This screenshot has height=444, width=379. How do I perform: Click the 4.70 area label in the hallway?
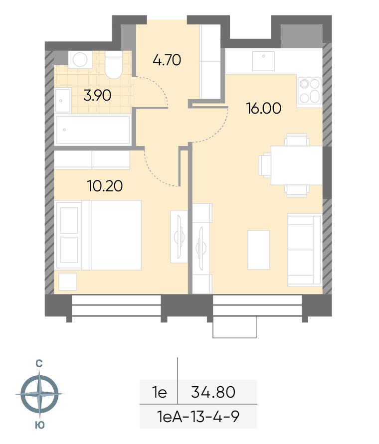(167, 60)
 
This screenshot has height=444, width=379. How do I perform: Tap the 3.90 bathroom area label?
(97, 95)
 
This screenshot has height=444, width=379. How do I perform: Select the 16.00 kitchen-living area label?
(264, 108)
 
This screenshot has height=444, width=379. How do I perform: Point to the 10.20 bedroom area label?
(105, 186)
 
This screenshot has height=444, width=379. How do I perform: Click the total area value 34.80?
(213, 392)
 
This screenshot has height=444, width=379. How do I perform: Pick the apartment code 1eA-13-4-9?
(198, 417)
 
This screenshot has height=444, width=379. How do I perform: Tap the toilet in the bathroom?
(114, 65)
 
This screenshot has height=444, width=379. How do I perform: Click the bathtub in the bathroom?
(93, 130)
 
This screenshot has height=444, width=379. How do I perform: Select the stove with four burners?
(309, 91)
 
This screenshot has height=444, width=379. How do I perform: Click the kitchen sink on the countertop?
(263, 61)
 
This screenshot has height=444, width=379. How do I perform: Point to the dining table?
(297, 165)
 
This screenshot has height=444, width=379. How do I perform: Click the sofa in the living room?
(304, 250)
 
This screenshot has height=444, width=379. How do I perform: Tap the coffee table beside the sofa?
(258, 250)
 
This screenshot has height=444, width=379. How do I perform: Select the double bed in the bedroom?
(99, 235)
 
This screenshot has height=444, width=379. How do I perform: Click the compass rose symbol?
(40, 394)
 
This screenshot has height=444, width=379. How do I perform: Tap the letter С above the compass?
(39, 364)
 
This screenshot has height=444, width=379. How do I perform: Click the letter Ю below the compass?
(40, 425)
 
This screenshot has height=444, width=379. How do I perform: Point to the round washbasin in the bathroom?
(80, 60)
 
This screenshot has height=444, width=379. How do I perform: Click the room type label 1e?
(159, 393)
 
